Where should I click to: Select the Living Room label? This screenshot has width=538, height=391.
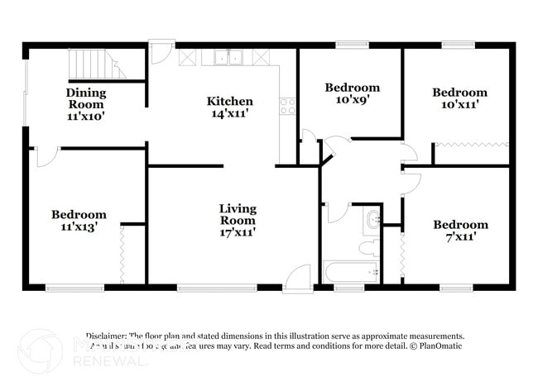(238, 214)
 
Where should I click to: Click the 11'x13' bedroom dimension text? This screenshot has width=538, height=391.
(79, 226)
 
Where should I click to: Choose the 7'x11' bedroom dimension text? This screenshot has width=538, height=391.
(460, 236)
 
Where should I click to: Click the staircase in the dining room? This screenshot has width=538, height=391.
(94, 64)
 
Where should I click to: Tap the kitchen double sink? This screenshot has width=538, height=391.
(227, 58)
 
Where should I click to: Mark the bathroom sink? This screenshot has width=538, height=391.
(374, 220)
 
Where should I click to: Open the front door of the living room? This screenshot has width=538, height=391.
(297, 278)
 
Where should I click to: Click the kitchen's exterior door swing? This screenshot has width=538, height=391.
(162, 54)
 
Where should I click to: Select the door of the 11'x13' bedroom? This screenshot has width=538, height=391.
(46, 157)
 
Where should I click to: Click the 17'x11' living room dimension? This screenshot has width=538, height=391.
(238, 232)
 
